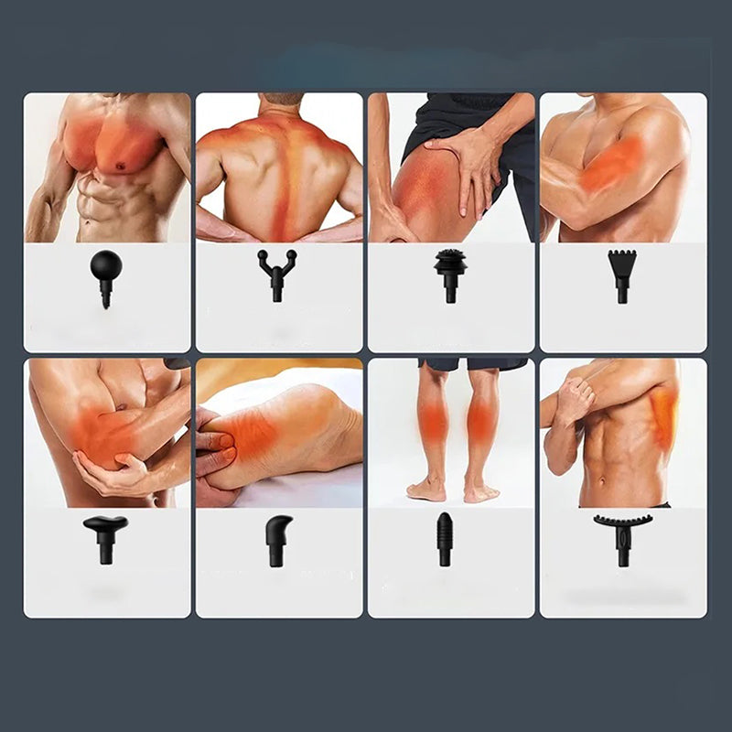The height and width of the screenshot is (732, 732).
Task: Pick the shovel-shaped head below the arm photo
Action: click(621, 269)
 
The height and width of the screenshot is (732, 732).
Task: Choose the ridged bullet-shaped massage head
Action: click(445, 540)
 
